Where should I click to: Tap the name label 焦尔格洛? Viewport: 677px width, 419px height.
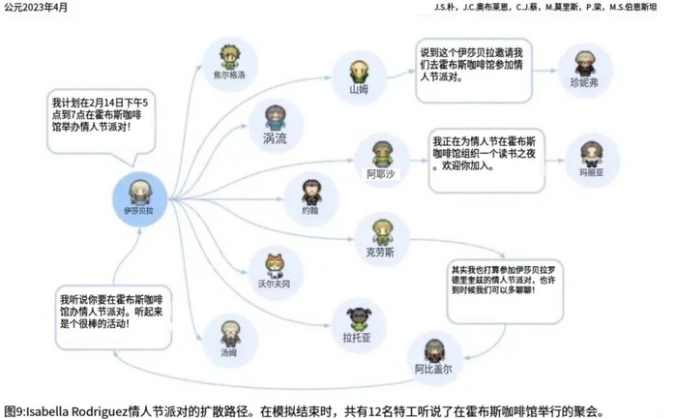point(228,74)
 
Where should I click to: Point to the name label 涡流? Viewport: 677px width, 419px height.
point(275,138)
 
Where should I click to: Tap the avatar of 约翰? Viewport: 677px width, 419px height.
point(309,191)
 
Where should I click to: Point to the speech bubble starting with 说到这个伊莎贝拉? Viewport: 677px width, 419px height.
point(472,65)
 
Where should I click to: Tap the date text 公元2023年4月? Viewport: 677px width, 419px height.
point(37,8)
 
